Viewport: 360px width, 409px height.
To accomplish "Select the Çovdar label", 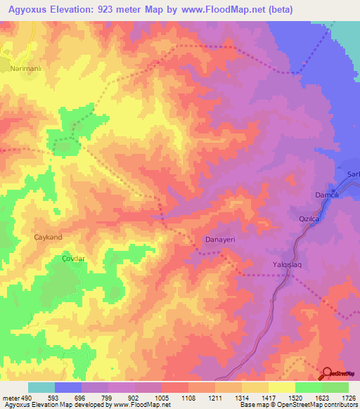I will pos(72,259).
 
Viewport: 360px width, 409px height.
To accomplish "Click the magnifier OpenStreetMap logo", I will pos(328,374).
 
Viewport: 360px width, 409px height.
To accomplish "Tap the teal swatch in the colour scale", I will pos(41,387).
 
